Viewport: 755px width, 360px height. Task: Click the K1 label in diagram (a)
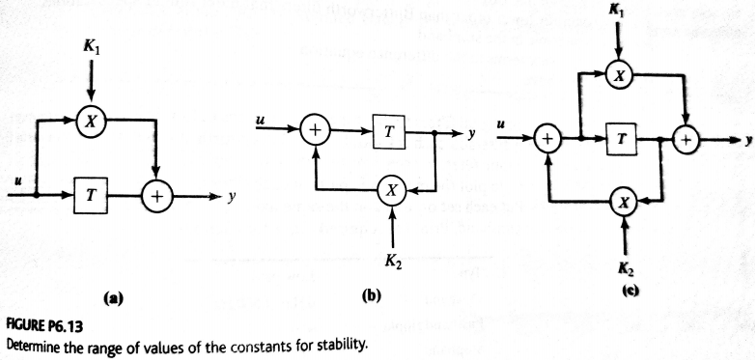(x=91, y=46)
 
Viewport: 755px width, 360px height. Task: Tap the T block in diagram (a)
(x=92, y=196)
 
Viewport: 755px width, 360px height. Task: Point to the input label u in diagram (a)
(x=12, y=182)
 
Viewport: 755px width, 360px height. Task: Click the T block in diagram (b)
(x=386, y=131)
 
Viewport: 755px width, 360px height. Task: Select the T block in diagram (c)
(x=623, y=142)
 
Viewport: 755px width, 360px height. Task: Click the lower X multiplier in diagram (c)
(x=625, y=201)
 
